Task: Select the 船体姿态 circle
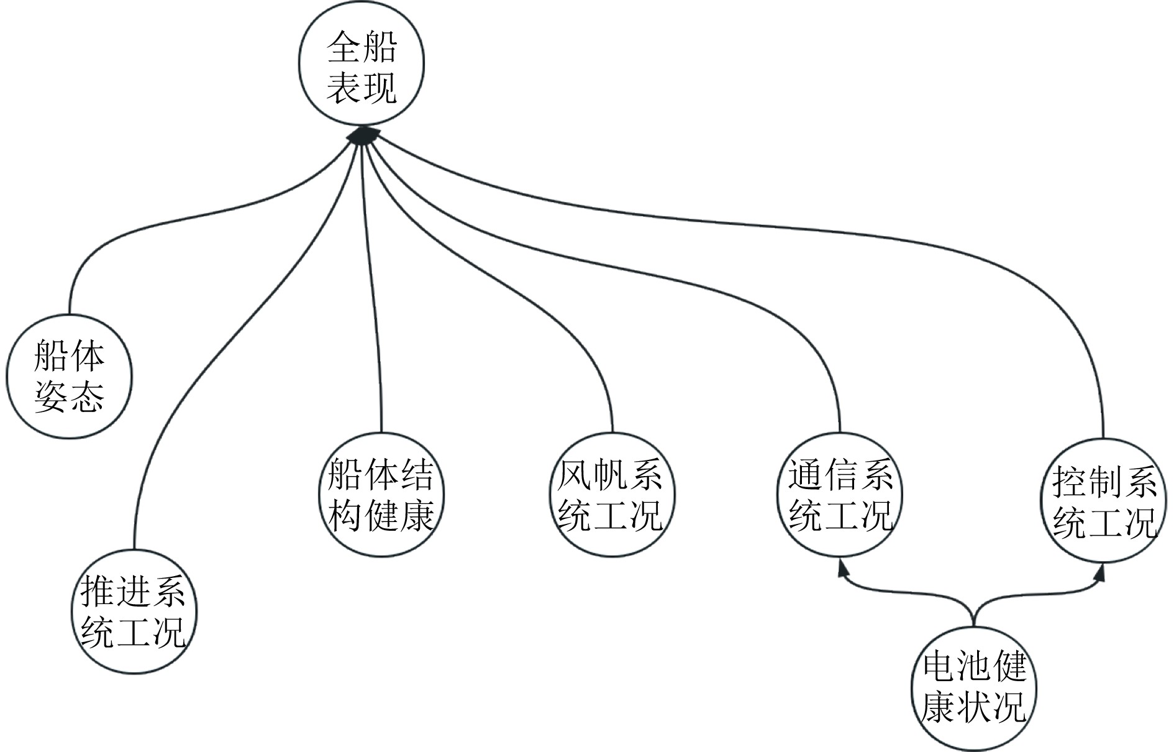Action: [69, 376]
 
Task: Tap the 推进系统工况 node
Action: [134, 611]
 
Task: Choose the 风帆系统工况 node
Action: [612, 495]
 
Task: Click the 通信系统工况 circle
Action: [840, 495]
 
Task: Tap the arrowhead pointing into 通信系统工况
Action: [842, 569]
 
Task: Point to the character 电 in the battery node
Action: [940, 667]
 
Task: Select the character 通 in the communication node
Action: [806, 476]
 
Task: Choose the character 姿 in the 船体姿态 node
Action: [52, 396]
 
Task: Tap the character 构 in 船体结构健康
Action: [345, 515]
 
